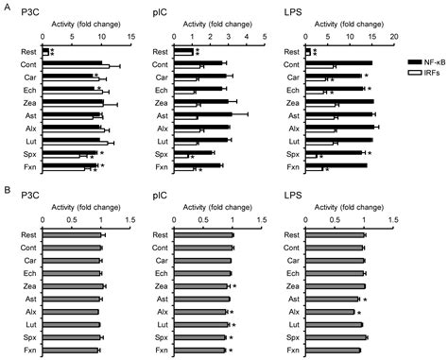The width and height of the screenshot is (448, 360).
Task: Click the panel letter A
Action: [7, 8]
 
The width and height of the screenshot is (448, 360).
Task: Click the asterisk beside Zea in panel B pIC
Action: [233, 285]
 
